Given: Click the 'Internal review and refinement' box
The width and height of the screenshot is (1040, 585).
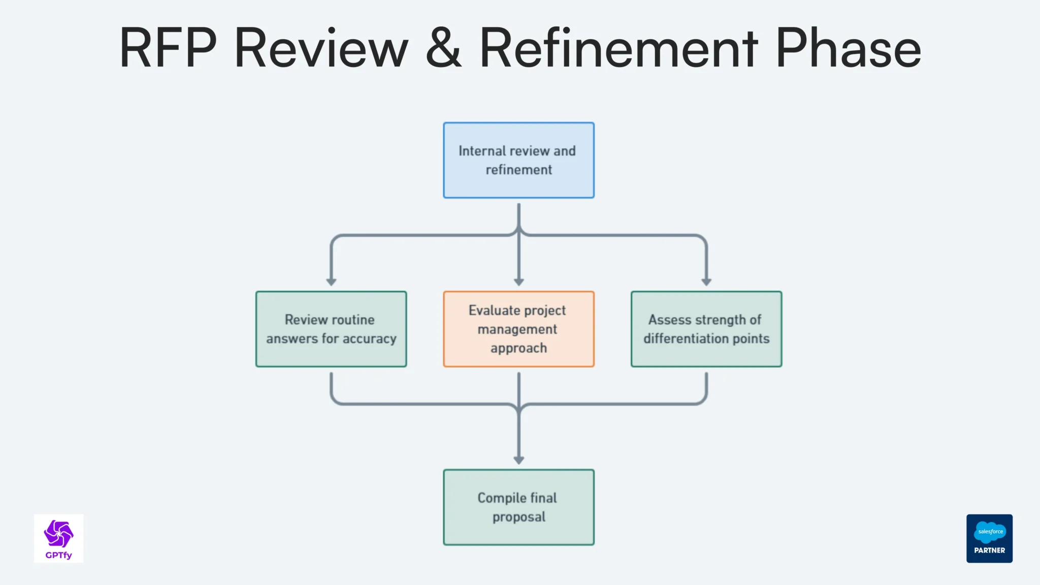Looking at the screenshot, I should pyautogui.click(x=518, y=160).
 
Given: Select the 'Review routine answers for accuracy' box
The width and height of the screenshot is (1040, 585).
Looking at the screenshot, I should pyautogui.click(x=331, y=329).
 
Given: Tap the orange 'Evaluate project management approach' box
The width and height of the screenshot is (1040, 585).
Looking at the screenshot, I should pyautogui.click(x=518, y=329).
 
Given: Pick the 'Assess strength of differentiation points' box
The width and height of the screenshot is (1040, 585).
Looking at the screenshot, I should pyautogui.click(x=706, y=329).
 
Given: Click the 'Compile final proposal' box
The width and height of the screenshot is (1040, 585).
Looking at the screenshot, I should pyautogui.click(x=518, y=507).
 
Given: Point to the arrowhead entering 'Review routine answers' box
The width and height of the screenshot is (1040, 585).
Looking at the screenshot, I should pyautogui.click(x=331, y=281).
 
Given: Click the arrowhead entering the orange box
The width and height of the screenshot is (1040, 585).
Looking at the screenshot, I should pyautogui.click(x=518, y=281).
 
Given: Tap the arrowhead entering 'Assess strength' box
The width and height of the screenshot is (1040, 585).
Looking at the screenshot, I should pyautogui.click(x=706, y=281).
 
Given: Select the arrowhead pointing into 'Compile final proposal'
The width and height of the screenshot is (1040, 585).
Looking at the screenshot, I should pyautogui.click(x=518, y=460).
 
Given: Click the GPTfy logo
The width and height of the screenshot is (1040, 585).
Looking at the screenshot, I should pyautogui.click(x=58, y=538).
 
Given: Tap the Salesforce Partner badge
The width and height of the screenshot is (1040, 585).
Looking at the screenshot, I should pyautogui.click(x=989, y=538).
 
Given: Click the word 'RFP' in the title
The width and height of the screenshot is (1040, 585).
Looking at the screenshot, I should pyautogui.click(x=168, y=48).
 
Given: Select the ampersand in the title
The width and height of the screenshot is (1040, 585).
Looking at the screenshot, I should pyautogui.click(x=443, y=48).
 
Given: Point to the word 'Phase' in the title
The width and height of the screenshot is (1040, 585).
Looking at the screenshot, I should pyautogui.click(x=848, y=48).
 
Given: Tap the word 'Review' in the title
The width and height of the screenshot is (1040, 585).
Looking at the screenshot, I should pyautogui.click(x=321, y=48).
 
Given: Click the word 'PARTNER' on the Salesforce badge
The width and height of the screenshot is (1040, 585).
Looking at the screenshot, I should pyautogui.click(x=989, y=550).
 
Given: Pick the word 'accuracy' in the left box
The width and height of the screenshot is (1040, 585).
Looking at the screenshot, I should pyautogui.click(x=369, y=339).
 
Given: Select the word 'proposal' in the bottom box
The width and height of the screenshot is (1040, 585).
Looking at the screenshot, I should pyautogui.click(x=518, y=517).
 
